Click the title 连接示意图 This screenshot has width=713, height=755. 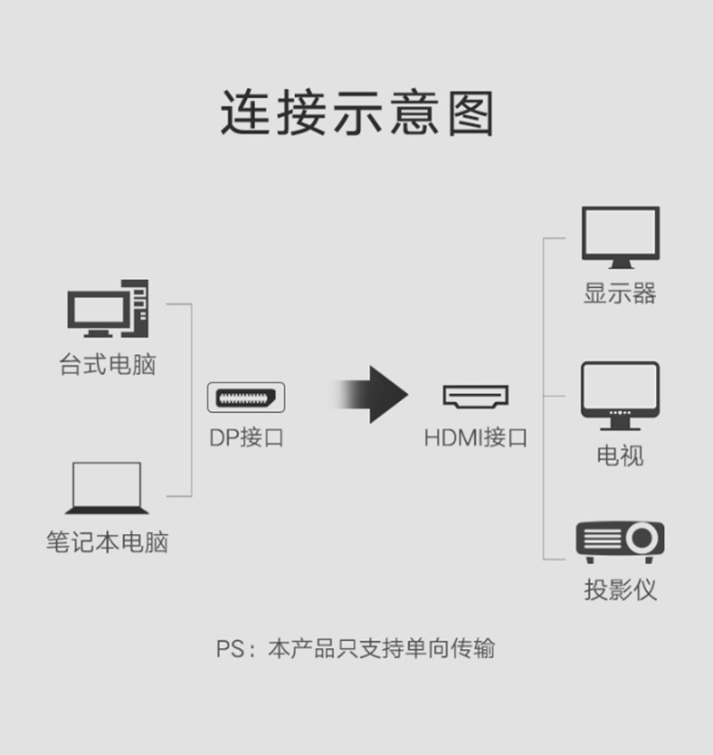pyautogui.click(x=356, y=112)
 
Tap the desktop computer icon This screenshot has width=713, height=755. pyautogui.click(x=108, y=308)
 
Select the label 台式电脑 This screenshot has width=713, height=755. pyautogui.click(x=108, y=365)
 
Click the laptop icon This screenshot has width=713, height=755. pyautogui.click(x=107, y=488)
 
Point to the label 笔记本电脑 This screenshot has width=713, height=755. pyautogui.click(x=107, y=542)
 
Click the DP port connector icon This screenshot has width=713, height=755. pyautogui.click(x=246, y=398)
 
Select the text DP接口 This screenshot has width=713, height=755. pyautogui.click(x=247, y=438)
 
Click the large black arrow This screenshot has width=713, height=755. pyautogui.click(x=368, y=395)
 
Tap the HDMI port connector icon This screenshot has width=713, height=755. pyautogui.click(x=476, y=397)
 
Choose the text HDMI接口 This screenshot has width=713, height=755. pyautogui.click(x=476, y=438)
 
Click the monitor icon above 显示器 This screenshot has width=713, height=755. pyautogui.click(x=620, y=237)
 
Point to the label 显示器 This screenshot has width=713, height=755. pyautogui.click(x=620, y=293)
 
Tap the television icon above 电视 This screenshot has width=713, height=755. pyautogui.click(x=620, y=396)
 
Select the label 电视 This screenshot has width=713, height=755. pyautogui.click(x=620, y=455)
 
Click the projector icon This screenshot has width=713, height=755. pyautogui.click(x=620, y=542)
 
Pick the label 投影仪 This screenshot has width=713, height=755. pyautogui.click(x=620, y=590)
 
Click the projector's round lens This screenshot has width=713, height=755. pyautogui.click(x=642, y=538)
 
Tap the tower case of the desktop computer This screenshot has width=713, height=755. pyautogui.click(x=135, y=308)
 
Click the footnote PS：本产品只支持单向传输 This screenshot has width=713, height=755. pyautogui.click(x=356, y=648)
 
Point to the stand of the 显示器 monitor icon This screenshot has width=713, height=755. pyautogui.click(x=620, y=265)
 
